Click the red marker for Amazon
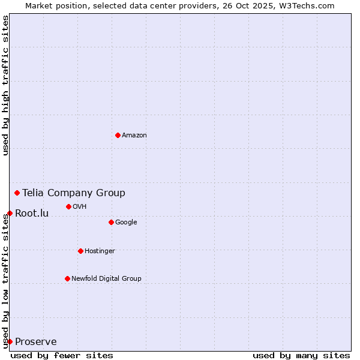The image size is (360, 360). [118, 135]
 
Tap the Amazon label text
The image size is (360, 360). [134, 136]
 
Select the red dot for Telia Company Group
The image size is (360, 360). [17, 193]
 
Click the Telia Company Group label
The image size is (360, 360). [74, 193]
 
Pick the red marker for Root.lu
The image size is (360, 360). [10, 213]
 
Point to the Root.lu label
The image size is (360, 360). [32, 213]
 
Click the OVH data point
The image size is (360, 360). [68, 206]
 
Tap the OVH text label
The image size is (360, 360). [80, 207]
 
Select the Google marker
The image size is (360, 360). [111, 222]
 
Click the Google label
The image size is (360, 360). [126, 223]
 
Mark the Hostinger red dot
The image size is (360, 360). [80, 251]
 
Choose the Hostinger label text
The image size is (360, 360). [100, 251]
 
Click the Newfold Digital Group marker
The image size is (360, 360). [67, 278]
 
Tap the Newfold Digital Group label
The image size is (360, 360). [106, 279]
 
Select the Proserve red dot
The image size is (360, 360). [10, 341]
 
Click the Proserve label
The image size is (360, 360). [36, 342]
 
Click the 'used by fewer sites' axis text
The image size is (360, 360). [62, 355]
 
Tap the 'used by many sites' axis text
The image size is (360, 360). [301, 355]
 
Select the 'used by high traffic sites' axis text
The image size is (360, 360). [5, 85]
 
